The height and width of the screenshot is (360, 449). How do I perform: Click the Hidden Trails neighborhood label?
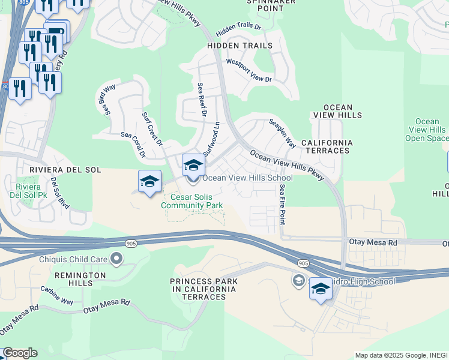[240, 46]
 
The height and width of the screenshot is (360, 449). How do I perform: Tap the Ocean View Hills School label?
[247, 178]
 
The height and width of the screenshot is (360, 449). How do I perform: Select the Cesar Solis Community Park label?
[192, 201]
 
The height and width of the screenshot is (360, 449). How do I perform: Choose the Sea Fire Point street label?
[282, 204]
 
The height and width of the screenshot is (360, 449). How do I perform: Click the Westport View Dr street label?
[249, 70]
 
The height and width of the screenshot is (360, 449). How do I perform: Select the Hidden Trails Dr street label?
[239, 28]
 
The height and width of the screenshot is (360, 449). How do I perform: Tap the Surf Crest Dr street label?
[152, 128]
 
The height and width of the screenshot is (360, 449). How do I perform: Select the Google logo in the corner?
[20, 353]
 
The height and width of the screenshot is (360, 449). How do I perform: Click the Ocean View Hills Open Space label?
[427, 130]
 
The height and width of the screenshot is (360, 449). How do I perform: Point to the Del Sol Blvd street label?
[60, 193]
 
